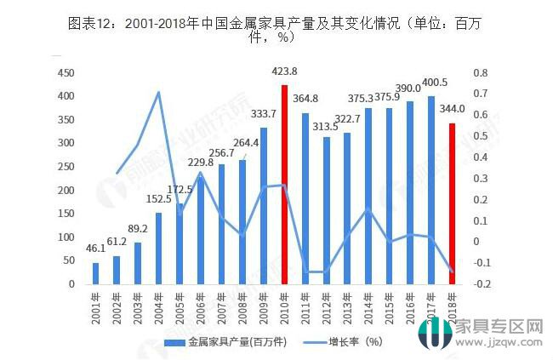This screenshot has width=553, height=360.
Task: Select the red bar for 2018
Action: [x=452, y=203]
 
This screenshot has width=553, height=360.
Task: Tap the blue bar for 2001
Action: [x=96, y=273]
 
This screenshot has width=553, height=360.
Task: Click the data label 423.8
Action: [x=285, y=72]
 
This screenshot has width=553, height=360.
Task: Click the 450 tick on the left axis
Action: [x=66, y=73]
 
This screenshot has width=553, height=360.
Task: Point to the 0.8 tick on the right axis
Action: [x=482, y=73]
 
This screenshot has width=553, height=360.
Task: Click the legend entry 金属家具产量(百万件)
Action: [x=222, y=341]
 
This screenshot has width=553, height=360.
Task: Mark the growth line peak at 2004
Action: [x=159, y=92]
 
